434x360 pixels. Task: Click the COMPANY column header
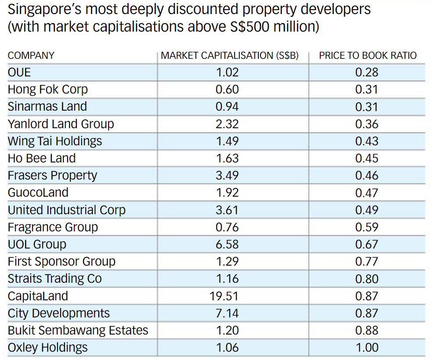31,56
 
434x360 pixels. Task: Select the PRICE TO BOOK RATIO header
368,56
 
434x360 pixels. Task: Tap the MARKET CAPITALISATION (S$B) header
230,56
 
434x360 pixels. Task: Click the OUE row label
19,72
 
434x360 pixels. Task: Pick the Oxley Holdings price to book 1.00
367,348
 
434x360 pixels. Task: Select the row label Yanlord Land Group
61,124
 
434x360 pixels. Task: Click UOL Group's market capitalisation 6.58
228,244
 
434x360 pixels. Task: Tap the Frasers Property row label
52,176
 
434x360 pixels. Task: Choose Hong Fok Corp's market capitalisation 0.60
228,89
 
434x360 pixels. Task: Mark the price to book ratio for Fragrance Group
367,227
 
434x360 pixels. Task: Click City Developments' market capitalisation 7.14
228,313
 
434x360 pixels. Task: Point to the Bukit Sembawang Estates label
78,330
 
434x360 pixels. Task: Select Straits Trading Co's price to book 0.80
367,279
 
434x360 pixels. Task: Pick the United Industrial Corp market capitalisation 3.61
228,210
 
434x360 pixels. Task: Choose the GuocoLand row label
38,192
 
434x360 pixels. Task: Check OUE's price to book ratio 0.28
367,72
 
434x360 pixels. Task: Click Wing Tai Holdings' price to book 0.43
367,141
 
